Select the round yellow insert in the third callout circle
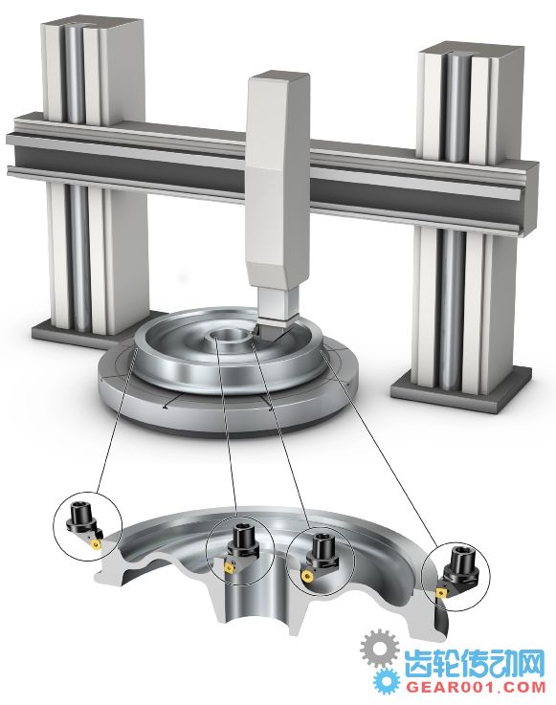tap(307, 576)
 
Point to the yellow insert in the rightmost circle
tap(440, 592)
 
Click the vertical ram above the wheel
tap(277, 198)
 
